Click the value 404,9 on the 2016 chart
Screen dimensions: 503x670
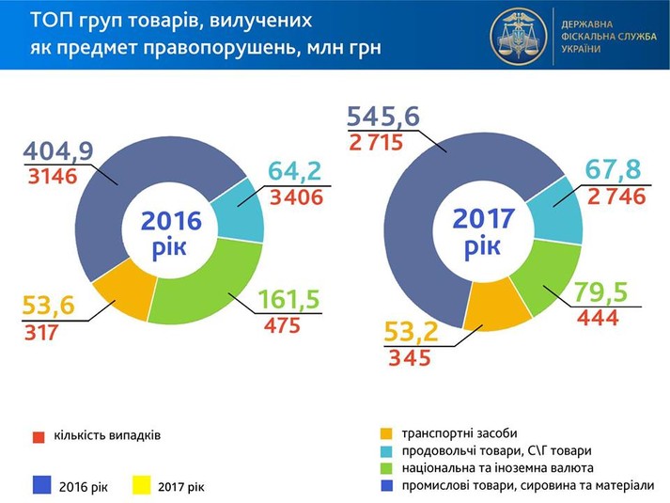coord(59,151)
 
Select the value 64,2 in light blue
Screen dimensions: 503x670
coord(294,172)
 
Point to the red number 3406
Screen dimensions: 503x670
coord(296,197)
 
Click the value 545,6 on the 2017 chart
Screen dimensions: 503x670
coord(383,118)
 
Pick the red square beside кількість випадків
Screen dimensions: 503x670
coord(39,436)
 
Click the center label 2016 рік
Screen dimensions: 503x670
coord(172,233)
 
